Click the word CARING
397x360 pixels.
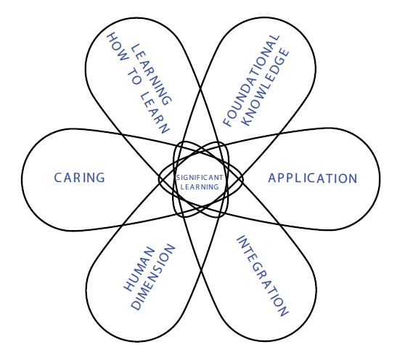(80, 178)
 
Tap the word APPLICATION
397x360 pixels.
(313, 179)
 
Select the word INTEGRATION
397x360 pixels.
(262, 276)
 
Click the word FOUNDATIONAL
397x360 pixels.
(251, 81)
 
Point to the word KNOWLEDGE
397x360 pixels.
(266, 87)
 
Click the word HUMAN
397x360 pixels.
(139, 269)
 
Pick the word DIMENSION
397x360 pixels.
(153, 277)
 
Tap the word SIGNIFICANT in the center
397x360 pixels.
(200, 178)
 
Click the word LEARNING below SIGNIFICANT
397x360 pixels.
(200, 187)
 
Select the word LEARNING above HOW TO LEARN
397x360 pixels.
(152, 75)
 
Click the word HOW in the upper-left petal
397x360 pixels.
(118, 47)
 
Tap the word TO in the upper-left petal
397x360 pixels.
(134, 77)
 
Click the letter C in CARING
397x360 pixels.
(58, 178)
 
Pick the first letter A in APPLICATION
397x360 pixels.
(272, 178)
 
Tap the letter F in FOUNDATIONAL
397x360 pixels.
(228, 121)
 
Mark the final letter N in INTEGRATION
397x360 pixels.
(283, 311)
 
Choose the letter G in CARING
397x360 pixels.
(100, 178)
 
